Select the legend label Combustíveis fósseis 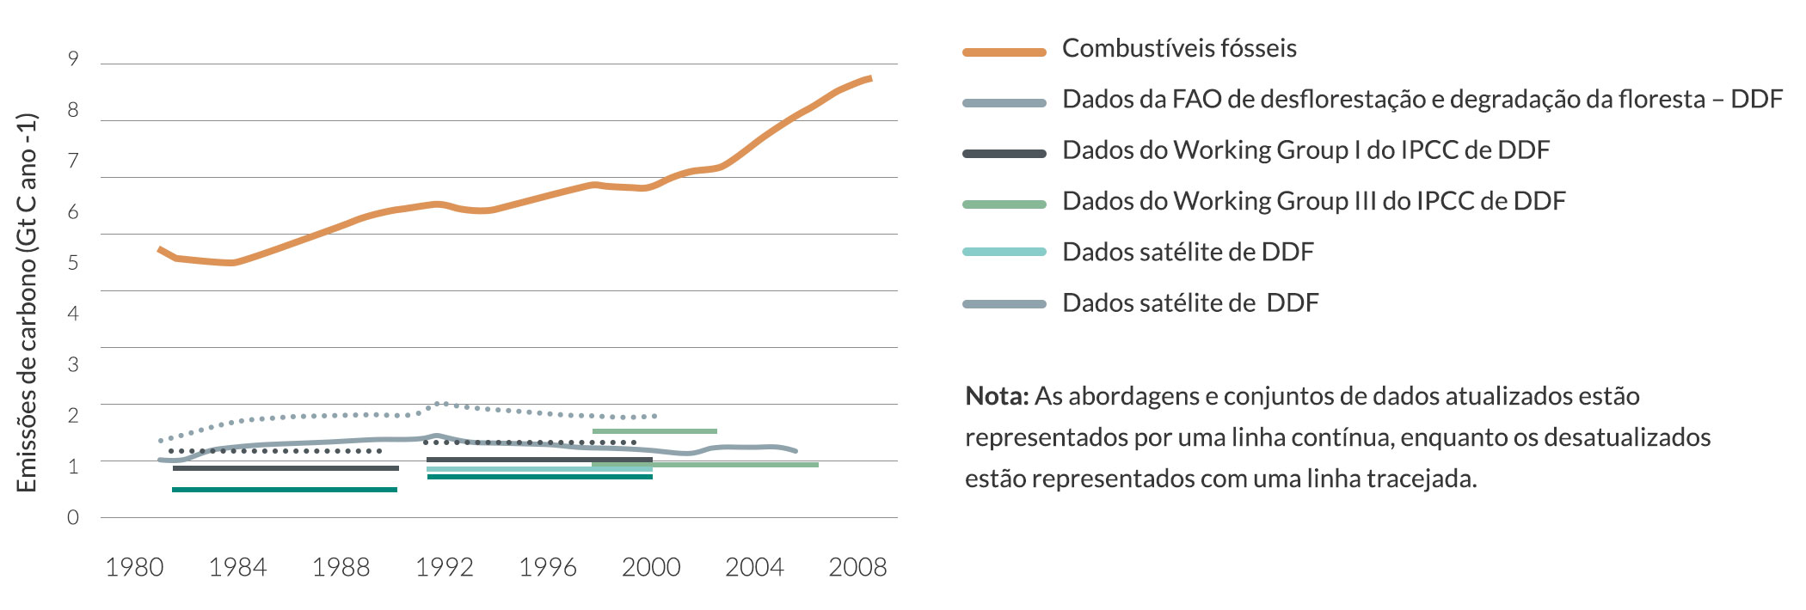[1179, 49]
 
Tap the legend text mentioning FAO [1422, 100]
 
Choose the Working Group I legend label [1305, 150]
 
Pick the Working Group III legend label [1313, 201]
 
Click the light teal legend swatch [1004, 253]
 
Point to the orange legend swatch [1004, 52]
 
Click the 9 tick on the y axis [73, 59]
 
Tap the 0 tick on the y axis [73, 517]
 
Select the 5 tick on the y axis [73, 263]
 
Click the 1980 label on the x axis [134, 568]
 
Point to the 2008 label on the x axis [857, 568]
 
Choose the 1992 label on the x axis [445, 568]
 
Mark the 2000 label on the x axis [651, 568]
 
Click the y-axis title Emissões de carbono [28, 302]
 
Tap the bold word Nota [996, 397]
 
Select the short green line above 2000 [654, 431]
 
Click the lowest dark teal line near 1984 [284, 490]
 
